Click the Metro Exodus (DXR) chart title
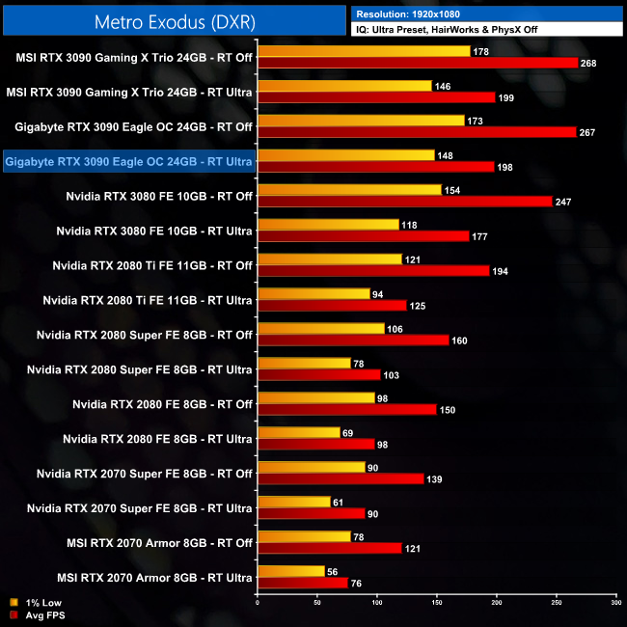174,19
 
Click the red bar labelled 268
418,63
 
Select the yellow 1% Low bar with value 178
364,51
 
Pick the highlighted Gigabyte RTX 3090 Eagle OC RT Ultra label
128,162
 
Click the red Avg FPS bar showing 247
405,202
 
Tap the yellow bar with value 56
291,571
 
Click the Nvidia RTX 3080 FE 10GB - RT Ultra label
154,232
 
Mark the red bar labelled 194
373,271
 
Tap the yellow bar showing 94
313,293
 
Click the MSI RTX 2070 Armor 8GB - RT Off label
154,543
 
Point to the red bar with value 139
341,478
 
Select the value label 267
587,132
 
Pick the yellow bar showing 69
299,432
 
